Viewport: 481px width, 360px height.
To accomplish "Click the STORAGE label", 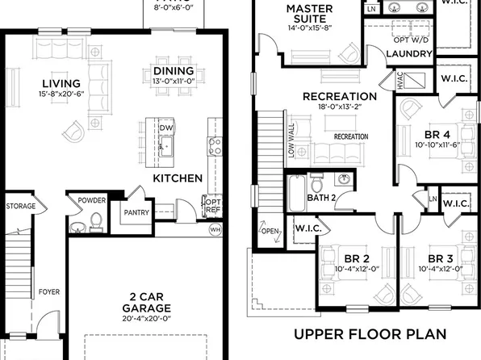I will coord(21,207).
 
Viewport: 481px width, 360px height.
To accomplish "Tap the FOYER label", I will coord(48,292).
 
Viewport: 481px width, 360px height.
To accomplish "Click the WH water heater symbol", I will coord(214,230).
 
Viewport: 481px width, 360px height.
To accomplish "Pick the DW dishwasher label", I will coord(167,128).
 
